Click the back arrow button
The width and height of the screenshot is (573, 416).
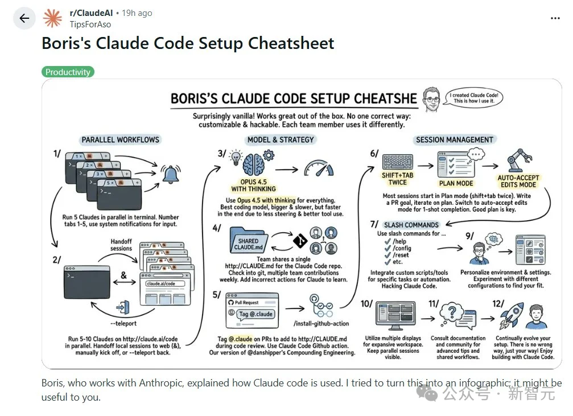click(24, 18)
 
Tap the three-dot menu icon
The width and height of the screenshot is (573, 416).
click(555, 18)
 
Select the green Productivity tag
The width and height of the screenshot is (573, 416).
click(68, 72)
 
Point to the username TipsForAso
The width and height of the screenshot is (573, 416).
click(90, 24)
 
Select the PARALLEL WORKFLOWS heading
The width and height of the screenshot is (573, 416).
click(120, 139)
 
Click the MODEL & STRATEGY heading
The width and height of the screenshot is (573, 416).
click(281, 139)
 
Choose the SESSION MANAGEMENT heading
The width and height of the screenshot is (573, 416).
click(454, 139)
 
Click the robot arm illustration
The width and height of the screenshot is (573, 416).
click(518, 160)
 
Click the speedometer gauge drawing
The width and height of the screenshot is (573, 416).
click(319, 168)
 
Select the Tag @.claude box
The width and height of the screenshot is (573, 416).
click(255, 314)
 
